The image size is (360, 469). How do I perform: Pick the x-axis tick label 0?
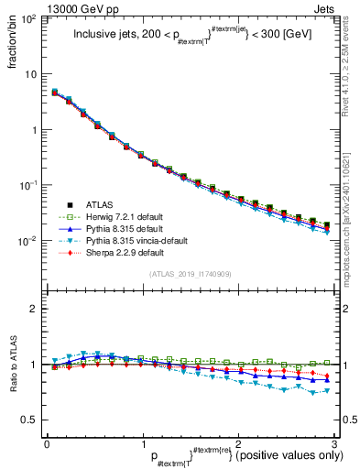click(x=47, y=443)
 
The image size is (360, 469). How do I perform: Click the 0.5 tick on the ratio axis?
click(x=32, y=420)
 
